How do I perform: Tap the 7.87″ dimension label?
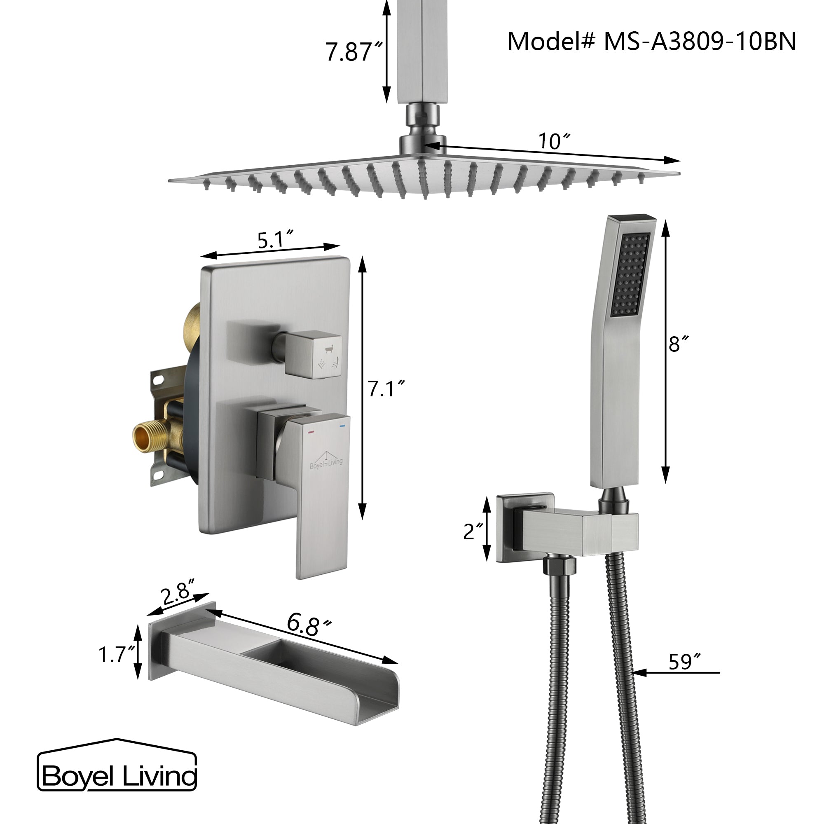click(x=353, y=52)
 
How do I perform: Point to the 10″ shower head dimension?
click(x=553, y=141)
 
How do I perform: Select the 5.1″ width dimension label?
click(x=276, y=240)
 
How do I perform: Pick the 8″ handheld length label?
click(x=679, y=343)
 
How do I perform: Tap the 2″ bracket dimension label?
click(x=473, y=531)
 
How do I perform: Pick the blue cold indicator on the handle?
click(x=342, y=426)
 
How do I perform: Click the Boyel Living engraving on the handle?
click(x=326, y=462)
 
